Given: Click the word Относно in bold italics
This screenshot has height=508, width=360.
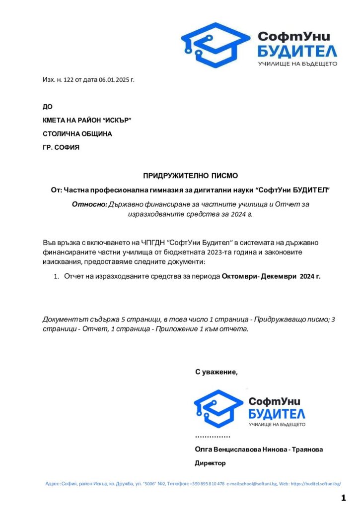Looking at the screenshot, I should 89,204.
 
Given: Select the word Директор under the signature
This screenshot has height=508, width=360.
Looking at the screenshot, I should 210,463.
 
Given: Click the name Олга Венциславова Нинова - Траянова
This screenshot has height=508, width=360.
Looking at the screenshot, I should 259,449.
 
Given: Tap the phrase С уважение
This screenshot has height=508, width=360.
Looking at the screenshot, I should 216,372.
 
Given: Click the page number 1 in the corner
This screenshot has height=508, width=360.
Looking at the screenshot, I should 343,498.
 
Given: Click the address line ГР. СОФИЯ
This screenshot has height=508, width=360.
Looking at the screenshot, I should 61,147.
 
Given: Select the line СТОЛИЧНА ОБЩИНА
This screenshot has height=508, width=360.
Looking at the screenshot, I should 77,134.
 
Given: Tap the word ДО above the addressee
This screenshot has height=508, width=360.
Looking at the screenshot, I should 47,107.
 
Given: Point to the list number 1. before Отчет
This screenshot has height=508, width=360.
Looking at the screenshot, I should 57,277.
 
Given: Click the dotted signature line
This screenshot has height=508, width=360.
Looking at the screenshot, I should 213,437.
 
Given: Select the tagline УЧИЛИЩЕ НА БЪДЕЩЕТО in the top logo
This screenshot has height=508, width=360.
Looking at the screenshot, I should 297,64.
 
